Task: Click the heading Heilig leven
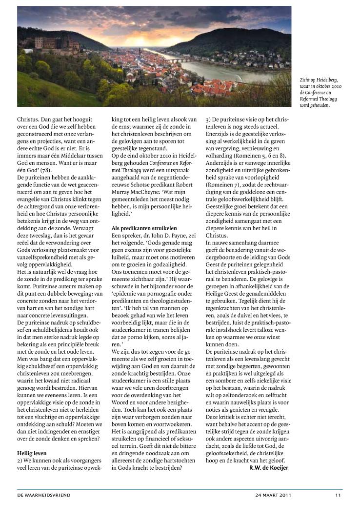(32, 453)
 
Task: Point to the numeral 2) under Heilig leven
(20, 461)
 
